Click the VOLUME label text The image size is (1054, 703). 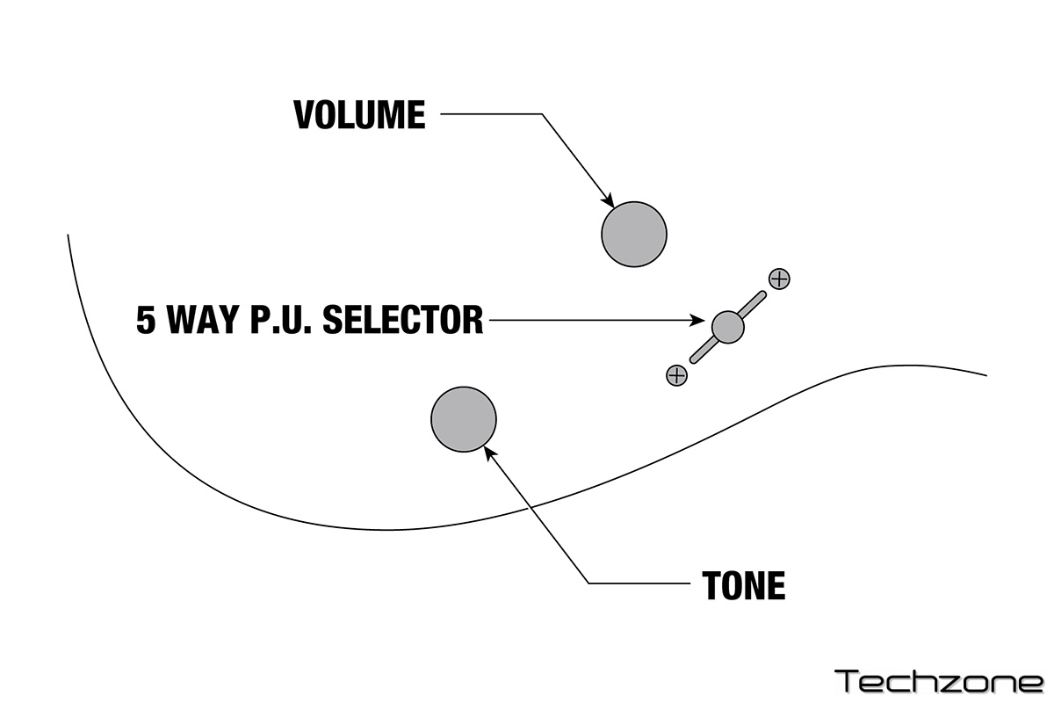pyautogui.click(x=359, y=115)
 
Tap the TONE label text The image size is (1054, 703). pyautogui.click(x=743, y=585)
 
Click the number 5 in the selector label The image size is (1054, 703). pyautogui.click(x=146, y=320)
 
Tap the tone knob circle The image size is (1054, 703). pyautogui.click(x=464, y=419)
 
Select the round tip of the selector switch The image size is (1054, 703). pyautogui.click(x=727, y=326)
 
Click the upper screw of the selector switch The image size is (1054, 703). pyautogui.click(x=779, y=279)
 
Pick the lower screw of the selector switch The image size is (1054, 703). pyautogui.click(x=676, y=376)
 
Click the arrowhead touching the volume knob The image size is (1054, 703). pyautogui.click(x=607, y=200)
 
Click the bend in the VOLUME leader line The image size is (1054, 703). pyautogui.click(x=542, y=114)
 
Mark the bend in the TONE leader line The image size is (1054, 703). pyautogui.click(x=588, y=583)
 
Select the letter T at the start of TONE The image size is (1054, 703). pyautogui.click(x=712, y=585)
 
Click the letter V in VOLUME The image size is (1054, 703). pyautogui.click(x=304, y=115)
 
